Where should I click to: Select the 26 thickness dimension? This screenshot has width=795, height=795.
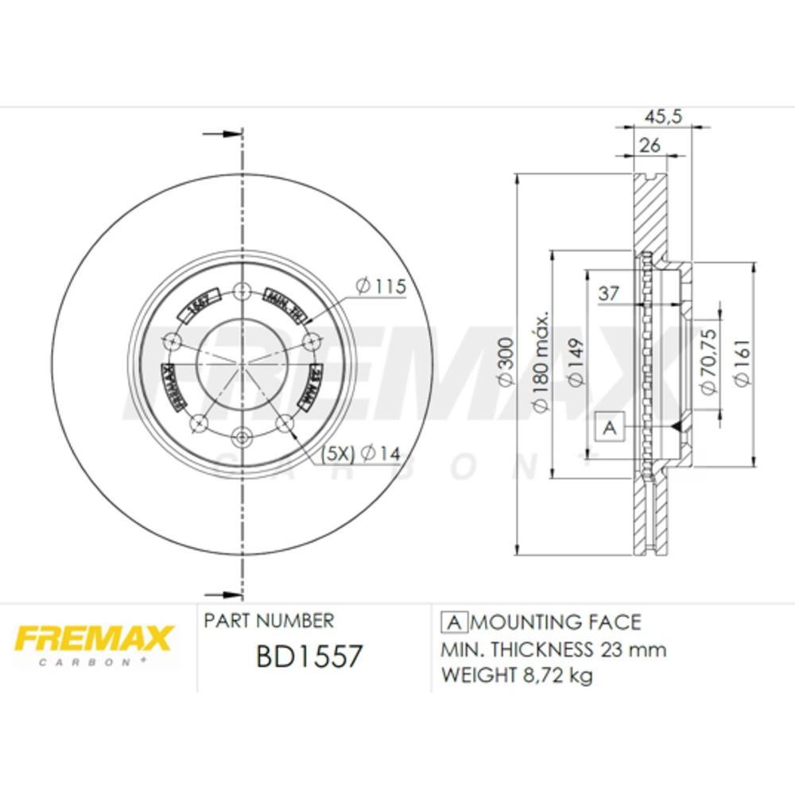pos(650,145)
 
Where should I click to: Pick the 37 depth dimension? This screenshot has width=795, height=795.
pos(609,293)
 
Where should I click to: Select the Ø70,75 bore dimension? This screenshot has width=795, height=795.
pos(707,363)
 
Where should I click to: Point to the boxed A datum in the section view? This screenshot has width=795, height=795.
pos(610,428)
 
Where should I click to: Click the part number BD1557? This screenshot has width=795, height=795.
pos(309,657)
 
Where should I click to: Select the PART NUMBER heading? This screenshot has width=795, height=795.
pos(269,621)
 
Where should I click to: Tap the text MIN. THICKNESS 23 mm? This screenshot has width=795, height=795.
pos(553,650)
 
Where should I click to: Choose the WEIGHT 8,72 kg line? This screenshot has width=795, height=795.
pos(517,676)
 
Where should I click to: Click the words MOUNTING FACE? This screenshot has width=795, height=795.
pos(561,622)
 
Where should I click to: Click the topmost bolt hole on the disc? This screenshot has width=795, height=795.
pos(242,292)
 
